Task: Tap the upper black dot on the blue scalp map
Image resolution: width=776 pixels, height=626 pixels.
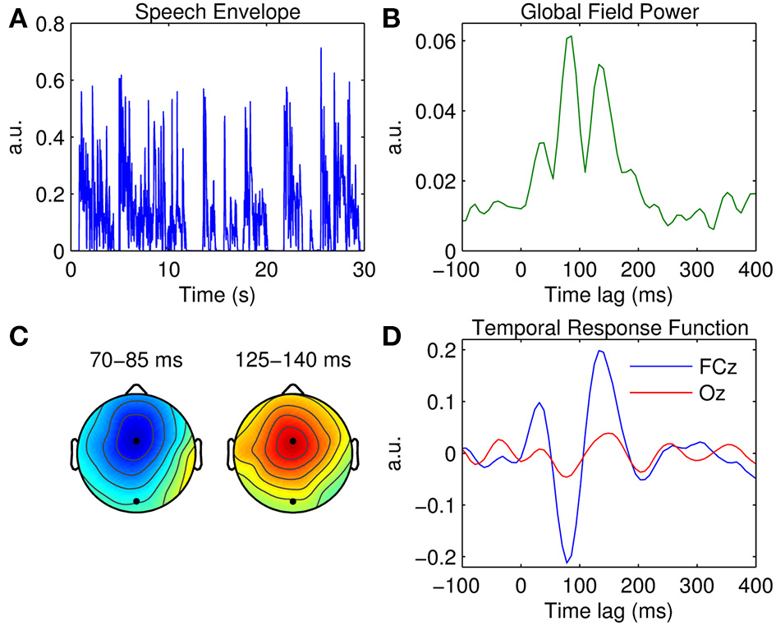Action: tap(136, 441)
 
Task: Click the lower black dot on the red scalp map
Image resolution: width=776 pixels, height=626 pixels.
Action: tap(293, 501)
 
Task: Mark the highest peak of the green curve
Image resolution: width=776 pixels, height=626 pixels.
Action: tap(570, 36)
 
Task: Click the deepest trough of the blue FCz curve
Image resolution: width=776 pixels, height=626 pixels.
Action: tap(567, 562)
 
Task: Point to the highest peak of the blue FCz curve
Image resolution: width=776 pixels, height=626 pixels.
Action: tap(600, 351)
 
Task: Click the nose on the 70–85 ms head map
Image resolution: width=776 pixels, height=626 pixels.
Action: tap(136, 389)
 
